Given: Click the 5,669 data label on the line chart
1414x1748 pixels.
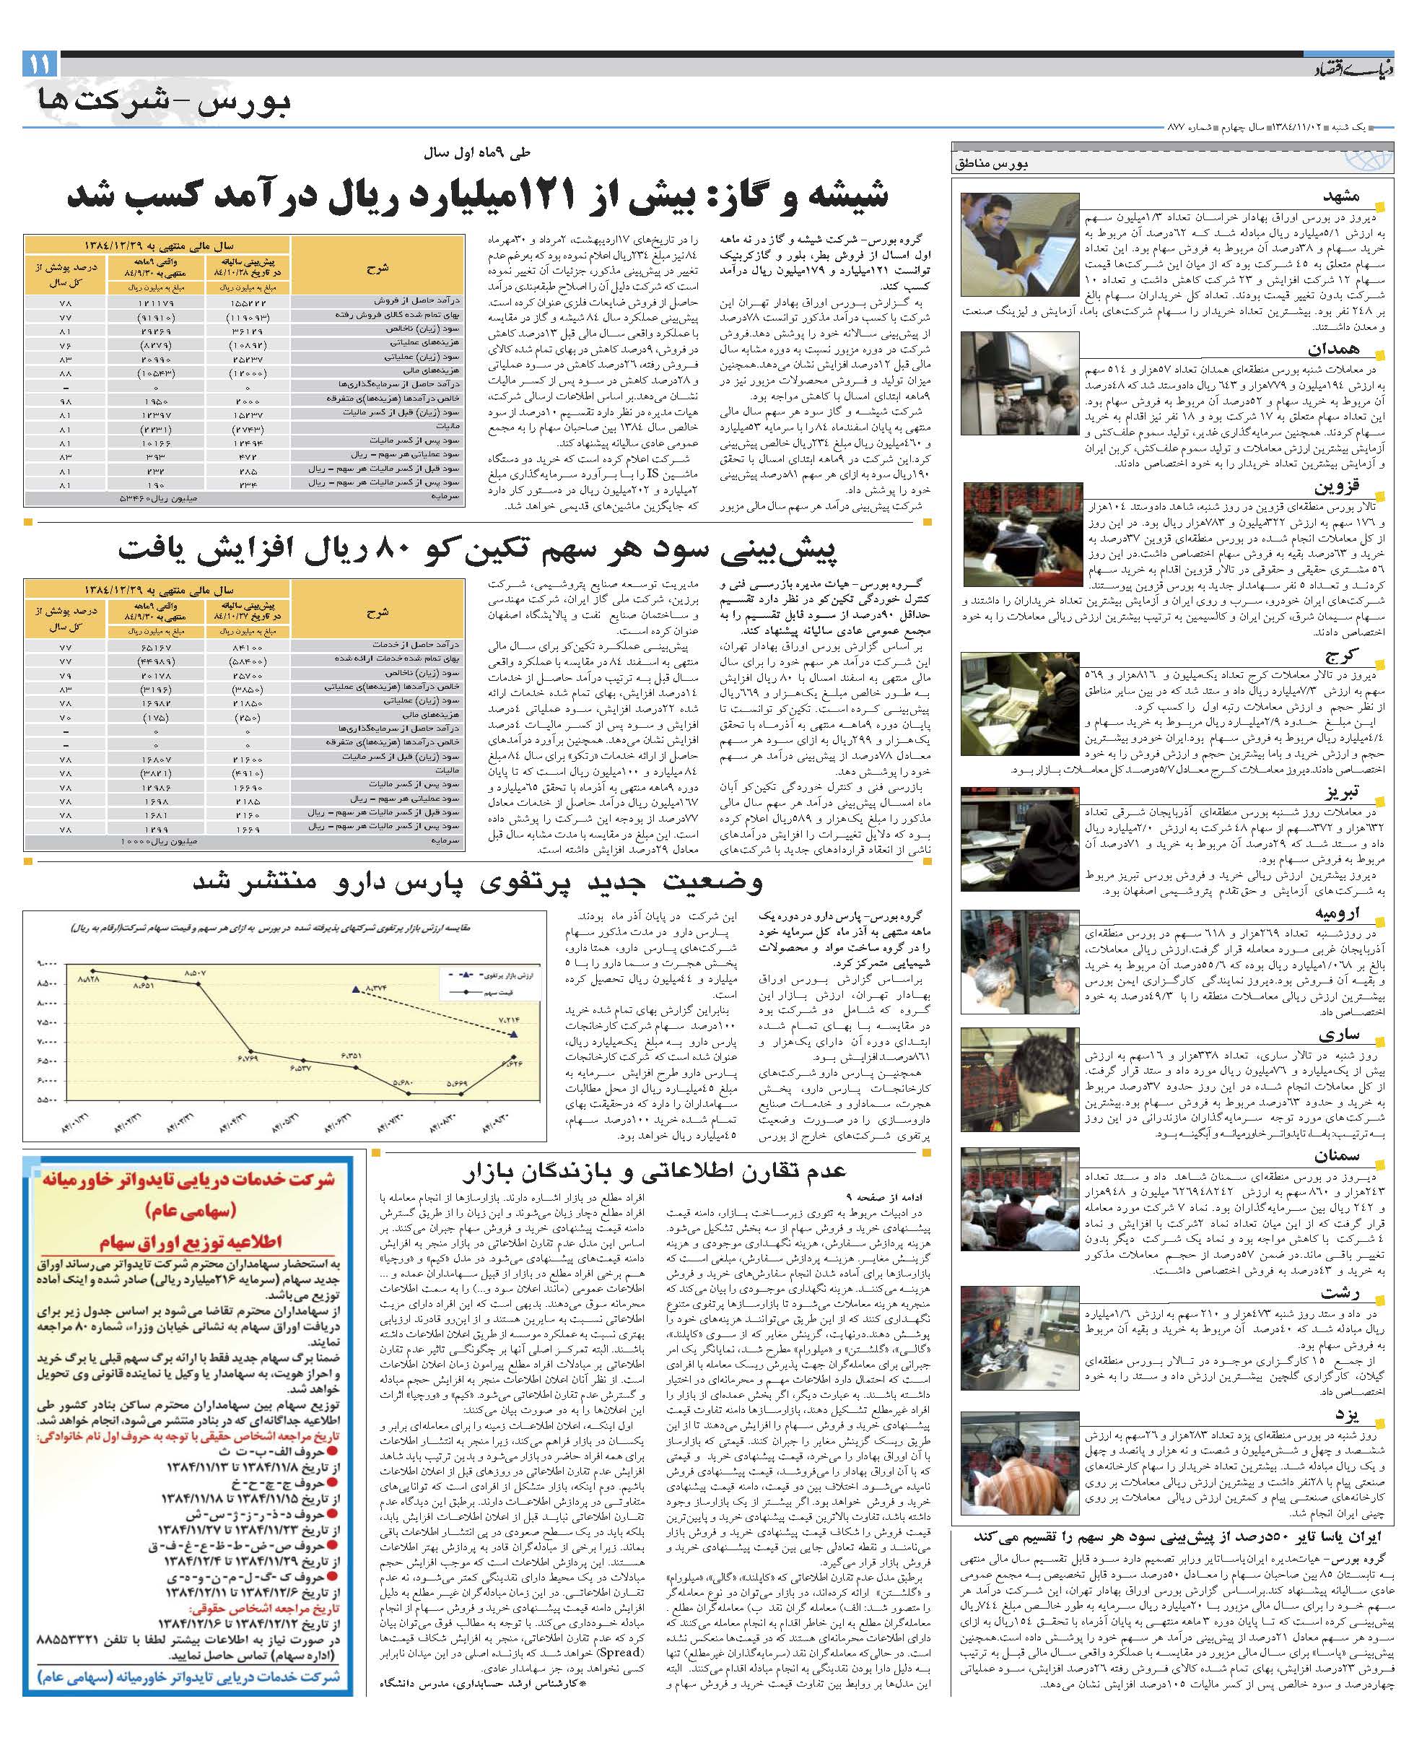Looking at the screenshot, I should pyautogui.click(x=458, y=1084).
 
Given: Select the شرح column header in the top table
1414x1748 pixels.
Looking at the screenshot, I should pyautogui.click(x=378, y=266).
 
